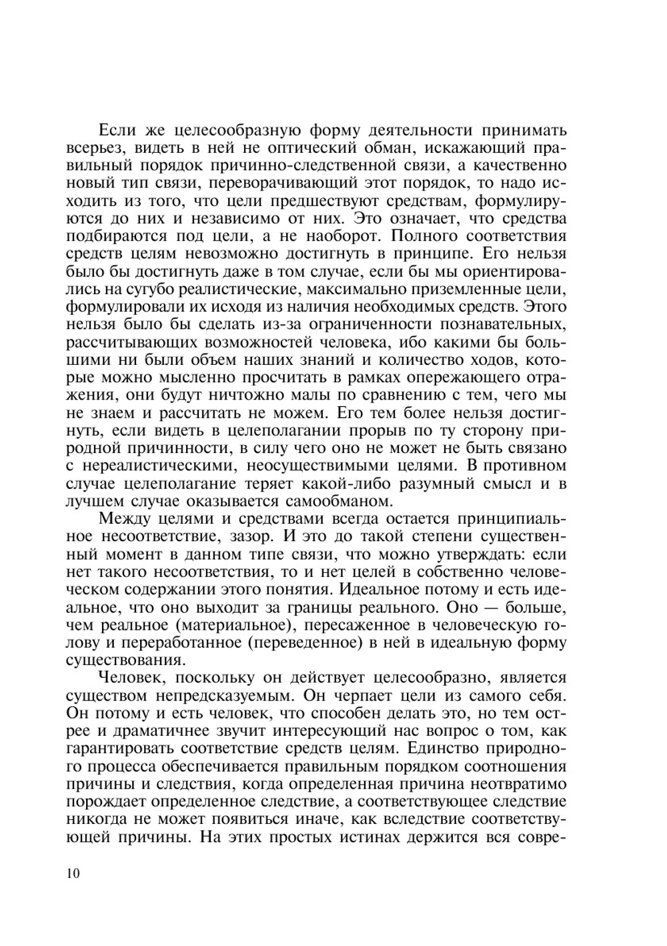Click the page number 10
73,874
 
